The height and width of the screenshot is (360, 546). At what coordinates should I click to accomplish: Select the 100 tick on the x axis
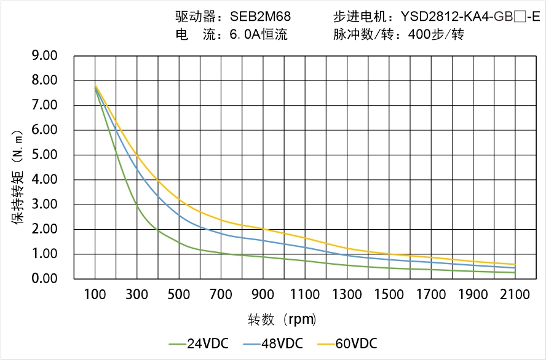[95, 295]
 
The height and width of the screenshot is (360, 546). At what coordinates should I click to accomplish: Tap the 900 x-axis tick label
[263, 295]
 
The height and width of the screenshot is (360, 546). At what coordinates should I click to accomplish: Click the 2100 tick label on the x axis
[515, 295]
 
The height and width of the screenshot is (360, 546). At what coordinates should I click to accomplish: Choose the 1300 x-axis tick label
[347, 295]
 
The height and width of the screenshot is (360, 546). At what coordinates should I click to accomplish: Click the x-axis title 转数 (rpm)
[282, 319]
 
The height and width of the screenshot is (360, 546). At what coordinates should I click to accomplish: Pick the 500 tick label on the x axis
[179, 295]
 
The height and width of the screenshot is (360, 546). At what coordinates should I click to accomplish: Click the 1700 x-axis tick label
[431, 295]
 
